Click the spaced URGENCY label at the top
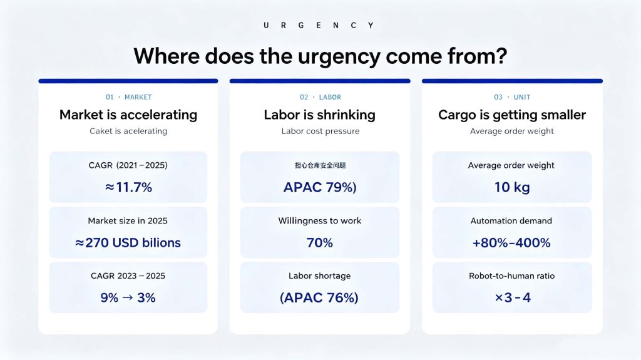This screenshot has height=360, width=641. tap(319, 26)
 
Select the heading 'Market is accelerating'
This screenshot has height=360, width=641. tap(128, 115)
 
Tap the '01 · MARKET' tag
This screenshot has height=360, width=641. tap(129, 97)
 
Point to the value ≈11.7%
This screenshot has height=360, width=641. tap(128, 187)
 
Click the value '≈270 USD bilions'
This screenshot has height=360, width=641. tap(128, 242)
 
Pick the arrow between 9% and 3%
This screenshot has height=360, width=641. tap(128, 297)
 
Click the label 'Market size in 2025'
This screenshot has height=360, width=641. tap(128, 221)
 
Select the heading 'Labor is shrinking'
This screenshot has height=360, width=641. tap(320, 115)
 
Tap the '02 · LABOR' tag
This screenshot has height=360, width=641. tap(320, 97)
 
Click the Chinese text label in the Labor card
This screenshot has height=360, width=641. tap(320, 165)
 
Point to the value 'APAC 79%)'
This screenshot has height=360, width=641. tap(320, 187)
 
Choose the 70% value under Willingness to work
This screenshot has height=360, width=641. tap(320, 242)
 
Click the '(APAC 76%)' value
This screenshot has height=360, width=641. tap(319, 297)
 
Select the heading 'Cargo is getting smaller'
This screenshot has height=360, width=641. tap(512, 115)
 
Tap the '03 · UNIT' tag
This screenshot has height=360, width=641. tap(512, 97)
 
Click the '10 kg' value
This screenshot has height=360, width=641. tap(512, 187)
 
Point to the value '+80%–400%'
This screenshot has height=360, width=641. tap(511, 242)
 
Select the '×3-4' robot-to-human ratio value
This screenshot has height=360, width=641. tap(513, 297)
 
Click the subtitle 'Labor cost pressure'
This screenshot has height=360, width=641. tap(320, 131)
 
